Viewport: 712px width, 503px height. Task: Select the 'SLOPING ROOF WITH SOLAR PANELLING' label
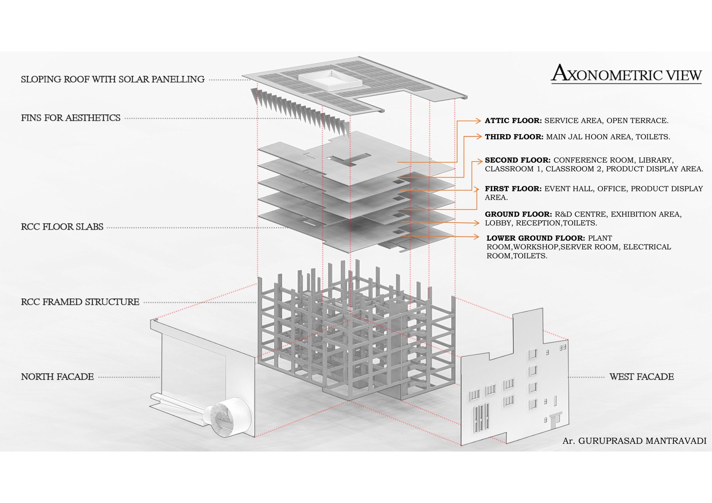113,79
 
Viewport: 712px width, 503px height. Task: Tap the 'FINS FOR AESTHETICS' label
71,118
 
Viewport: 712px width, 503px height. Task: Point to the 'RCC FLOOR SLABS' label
62,227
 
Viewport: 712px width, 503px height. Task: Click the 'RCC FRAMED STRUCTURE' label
80,302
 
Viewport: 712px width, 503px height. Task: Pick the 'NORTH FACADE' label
57,377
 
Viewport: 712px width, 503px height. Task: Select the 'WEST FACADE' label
641,377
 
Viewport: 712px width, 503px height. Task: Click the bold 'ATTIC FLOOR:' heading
513,121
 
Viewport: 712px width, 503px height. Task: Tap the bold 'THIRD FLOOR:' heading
514,137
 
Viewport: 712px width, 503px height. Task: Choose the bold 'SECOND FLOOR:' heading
518,161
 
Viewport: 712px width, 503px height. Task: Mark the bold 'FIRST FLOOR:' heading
513,189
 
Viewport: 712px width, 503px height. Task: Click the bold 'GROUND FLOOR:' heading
518,215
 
